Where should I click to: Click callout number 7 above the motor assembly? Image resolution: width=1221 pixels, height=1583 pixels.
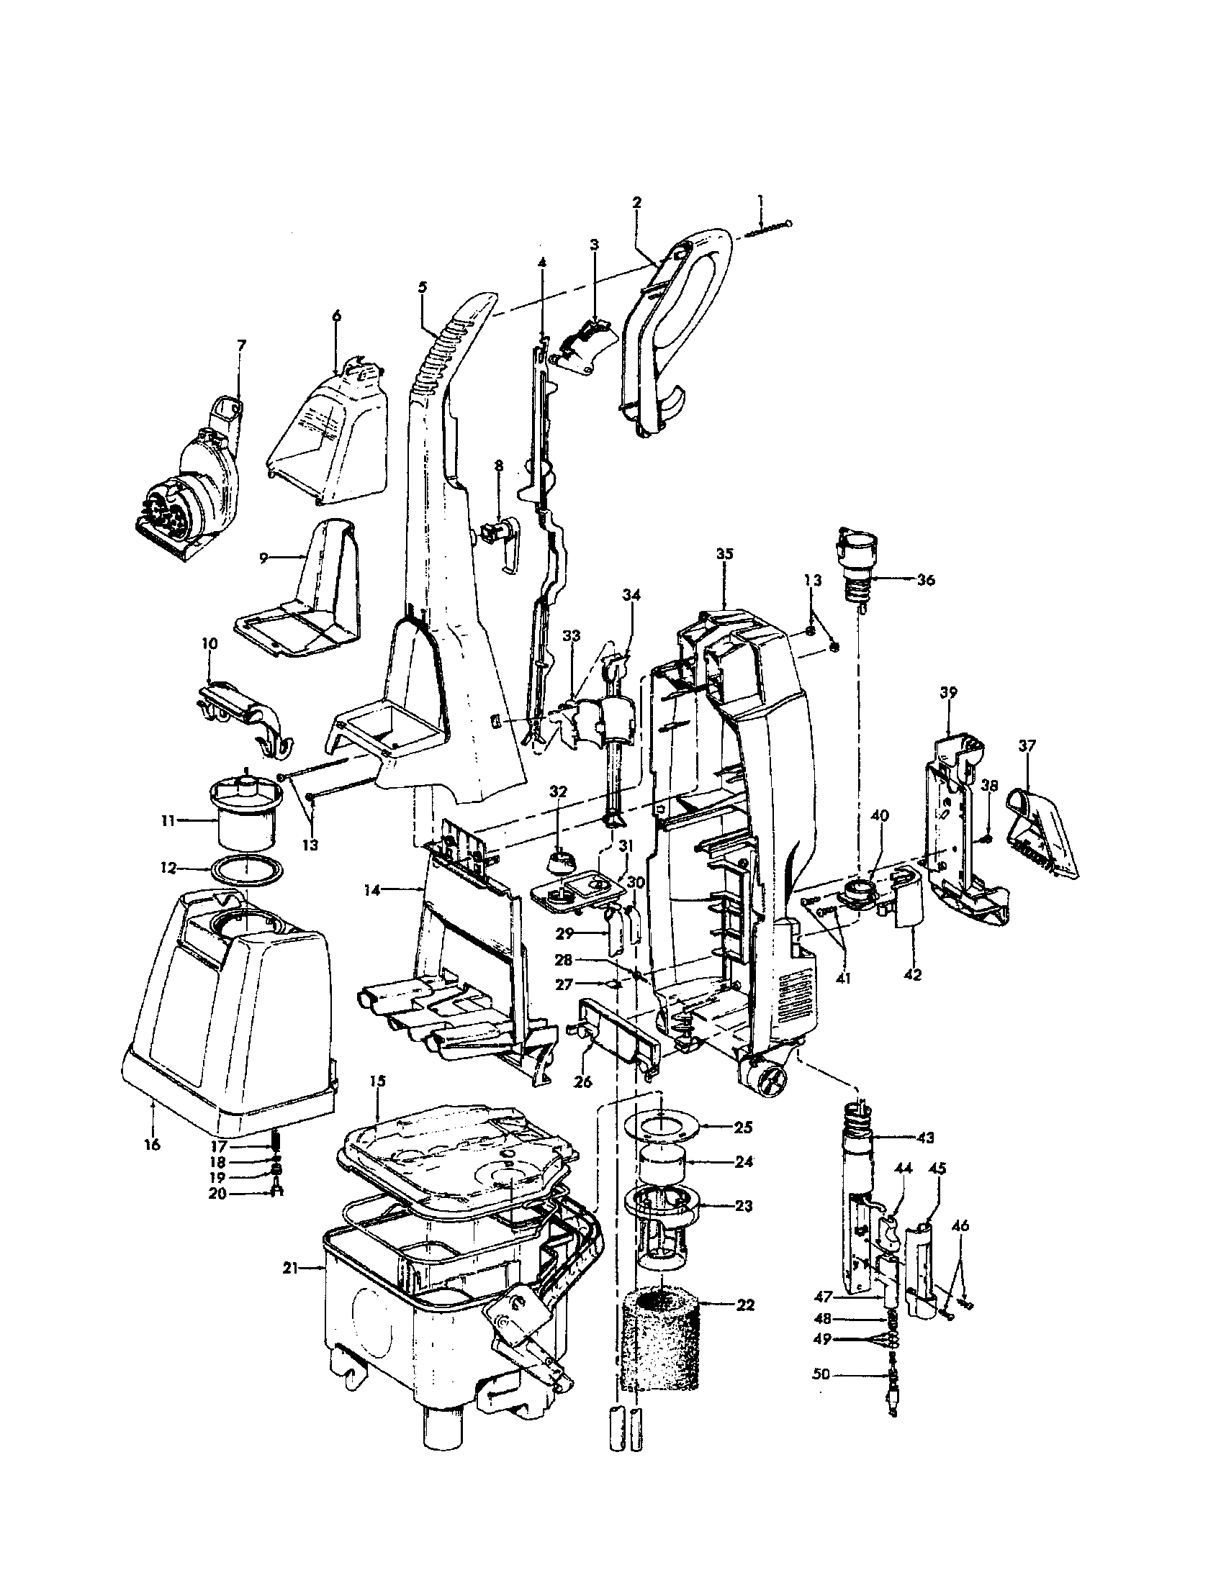pyautogui.click(x=241, y=345)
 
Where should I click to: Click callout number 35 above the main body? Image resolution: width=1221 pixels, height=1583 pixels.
pyautogui.click(x=724, y=553)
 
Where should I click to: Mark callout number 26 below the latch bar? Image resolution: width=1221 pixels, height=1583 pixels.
pyautogui.click(x=582, y=1102)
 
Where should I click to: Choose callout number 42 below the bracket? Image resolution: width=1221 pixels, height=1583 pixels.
pyautogui.click(x=913, y=975)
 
